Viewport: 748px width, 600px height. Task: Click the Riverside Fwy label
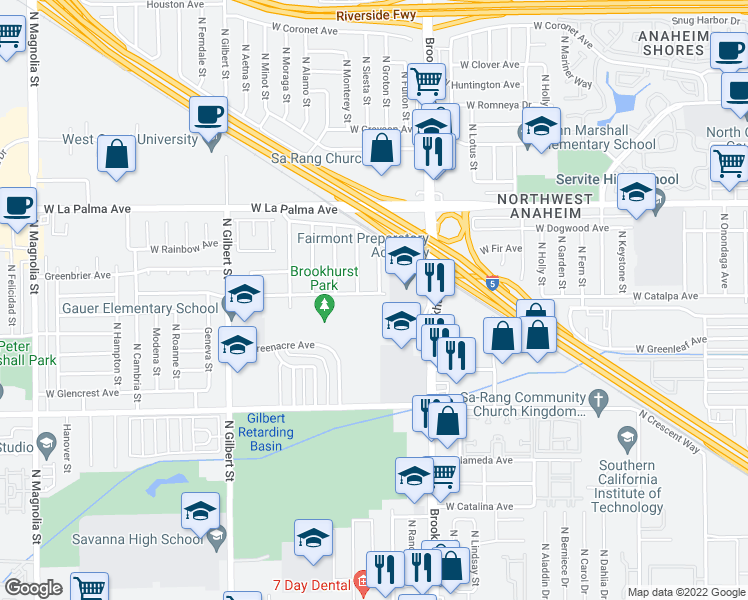(x=374, y=16)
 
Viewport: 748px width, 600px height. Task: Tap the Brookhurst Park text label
(x=323, y=278)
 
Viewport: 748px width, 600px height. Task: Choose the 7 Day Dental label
(x=310, y=584)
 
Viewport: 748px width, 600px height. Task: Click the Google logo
(x=33, y=587)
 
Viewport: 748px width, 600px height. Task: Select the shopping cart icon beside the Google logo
(x=89, y=588)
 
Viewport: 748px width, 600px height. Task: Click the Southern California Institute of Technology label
(x=628, y=486)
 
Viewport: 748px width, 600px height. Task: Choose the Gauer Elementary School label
(x=140, y=308)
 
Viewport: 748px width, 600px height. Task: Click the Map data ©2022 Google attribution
(x=685, y=592)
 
